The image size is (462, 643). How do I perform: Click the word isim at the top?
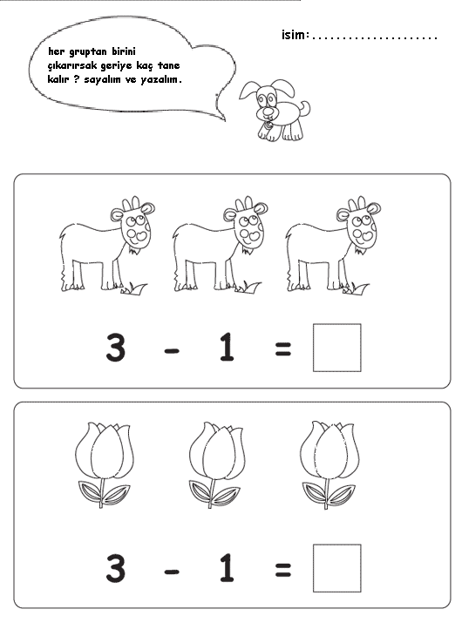(x=293, y=35)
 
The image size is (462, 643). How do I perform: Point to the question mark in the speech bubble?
(x=76, y=79)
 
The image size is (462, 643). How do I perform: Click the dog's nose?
(x=268, y=111)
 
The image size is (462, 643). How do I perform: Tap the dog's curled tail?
(x=305, y=108)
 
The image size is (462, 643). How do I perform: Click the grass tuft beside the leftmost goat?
(x=134, y=288)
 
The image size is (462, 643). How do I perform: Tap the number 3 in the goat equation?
(x=115, y=348)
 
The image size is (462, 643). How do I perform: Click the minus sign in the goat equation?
(x=172, y=349)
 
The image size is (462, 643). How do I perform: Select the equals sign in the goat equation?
(x=282, y=349)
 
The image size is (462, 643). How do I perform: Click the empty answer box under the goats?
(x=336, y=348)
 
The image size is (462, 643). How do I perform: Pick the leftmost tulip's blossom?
(x=105, y=450)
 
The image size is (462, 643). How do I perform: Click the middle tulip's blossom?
(x=217, y=450)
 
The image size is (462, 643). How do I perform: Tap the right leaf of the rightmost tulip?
(x=343, y=495)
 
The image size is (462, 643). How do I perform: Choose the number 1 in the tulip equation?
(x=227, y=568)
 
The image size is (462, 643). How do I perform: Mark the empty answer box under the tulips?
(x=336, y=568)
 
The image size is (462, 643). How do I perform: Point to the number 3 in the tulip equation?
(x=115, y=568)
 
